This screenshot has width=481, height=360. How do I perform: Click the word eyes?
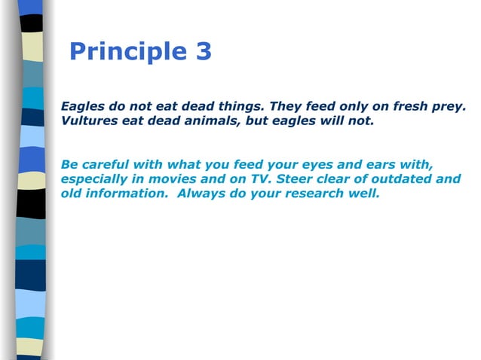[332, 164]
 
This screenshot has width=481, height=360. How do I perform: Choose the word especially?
[99, 179]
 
